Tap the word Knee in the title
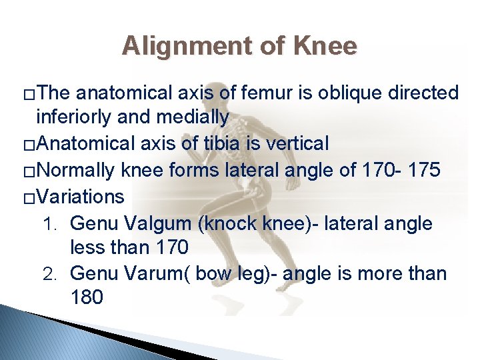pos(326,46)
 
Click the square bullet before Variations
pos(27,197)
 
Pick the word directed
pos(427,93)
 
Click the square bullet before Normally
pos(27,171)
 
